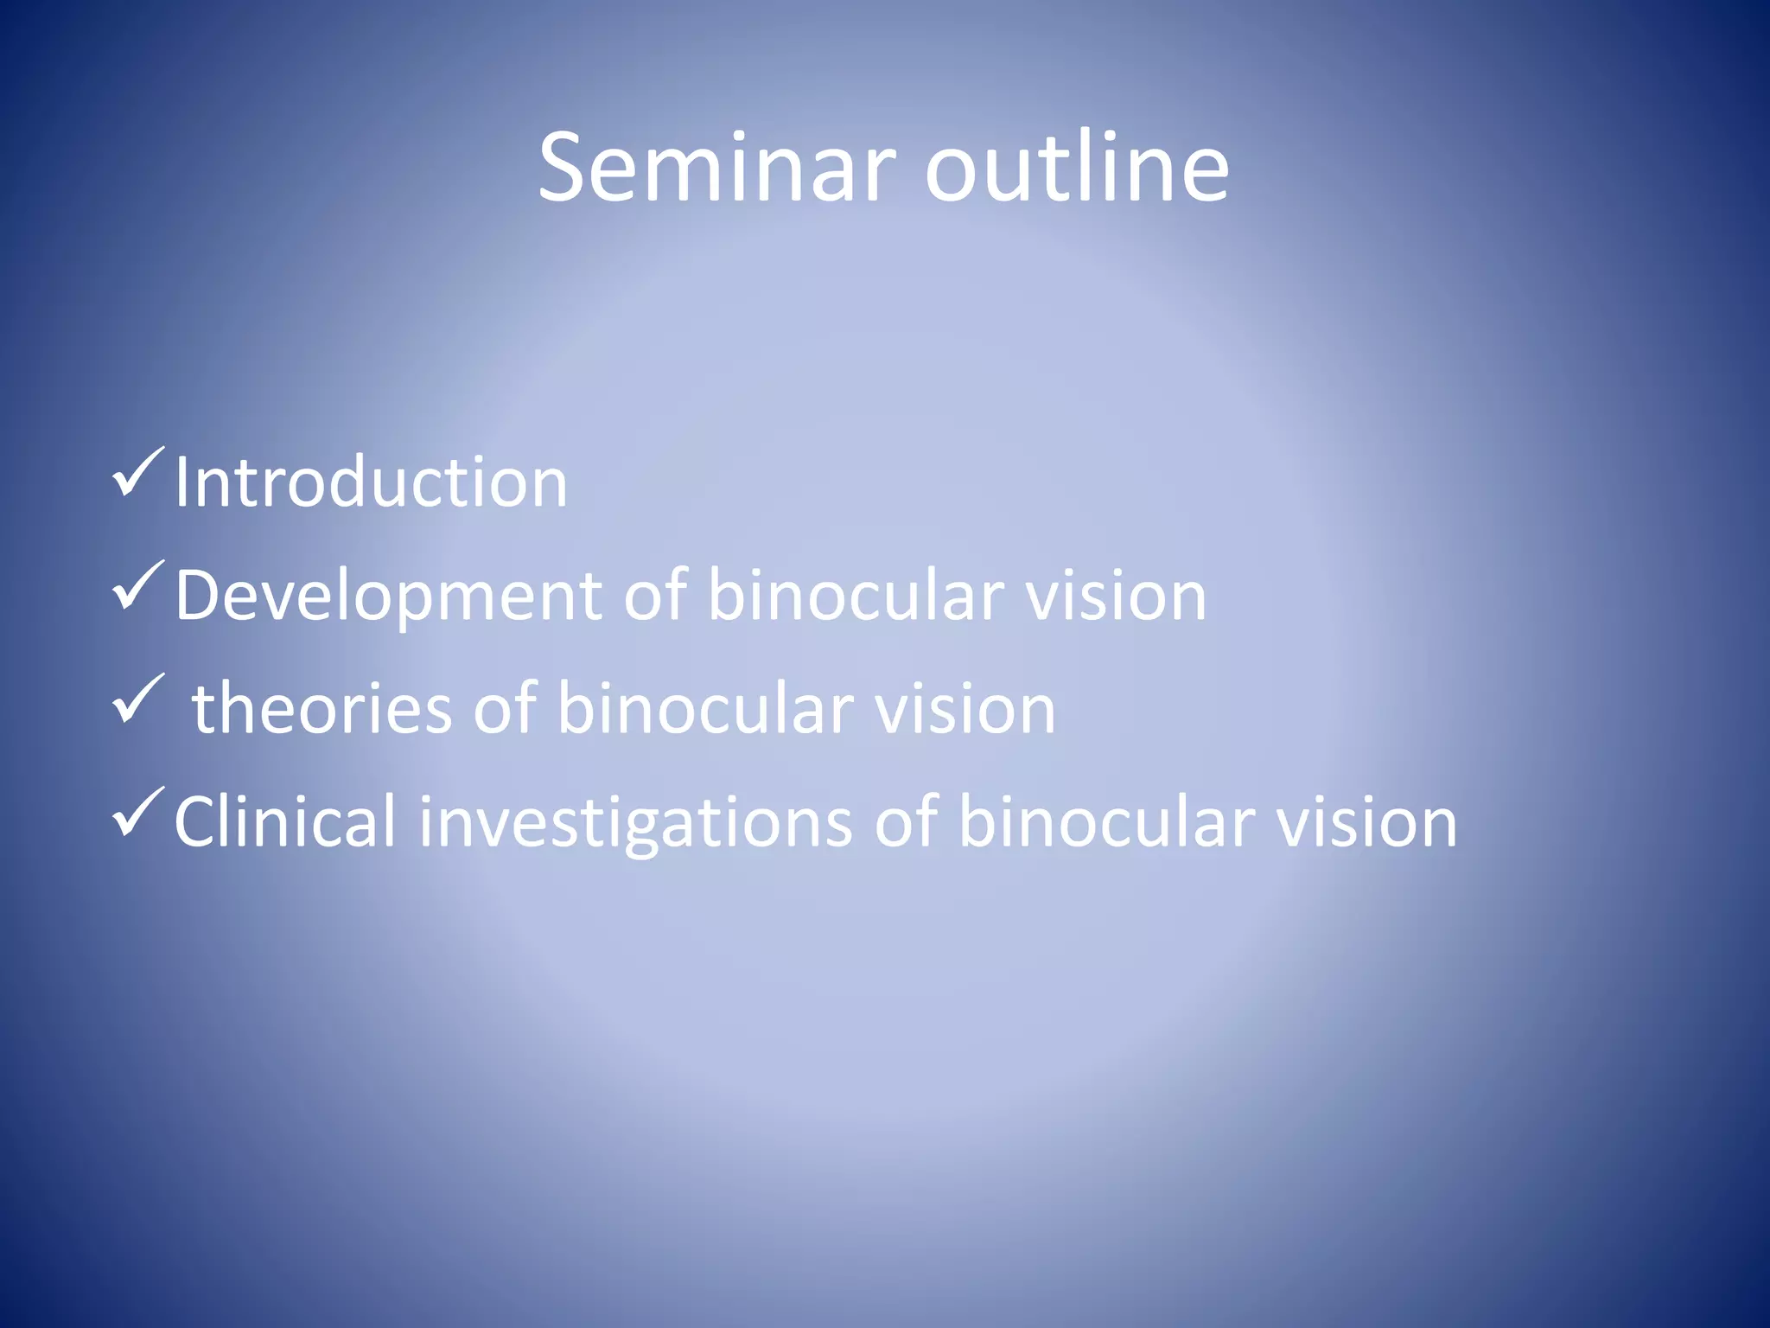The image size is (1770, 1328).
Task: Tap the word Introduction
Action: click(x=371, y=482)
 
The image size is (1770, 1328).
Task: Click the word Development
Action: click(x=388, y=597)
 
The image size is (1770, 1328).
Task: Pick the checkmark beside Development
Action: click(x=137, y=585)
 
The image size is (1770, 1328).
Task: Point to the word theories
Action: click(x=322, y=708)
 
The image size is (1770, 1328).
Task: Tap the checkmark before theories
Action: click(x=137, y=699)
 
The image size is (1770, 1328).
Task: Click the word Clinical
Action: click(x=284, y=821)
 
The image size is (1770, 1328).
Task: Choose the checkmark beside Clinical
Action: click(x=137, y=812)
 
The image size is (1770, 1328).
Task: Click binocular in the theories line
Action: click(x=704, y=708)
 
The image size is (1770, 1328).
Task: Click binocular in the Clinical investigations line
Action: click(x=1107, y=821)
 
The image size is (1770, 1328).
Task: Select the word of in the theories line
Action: click(x=504, y=708)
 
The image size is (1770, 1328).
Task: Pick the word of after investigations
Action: click(x=906, y=821)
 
